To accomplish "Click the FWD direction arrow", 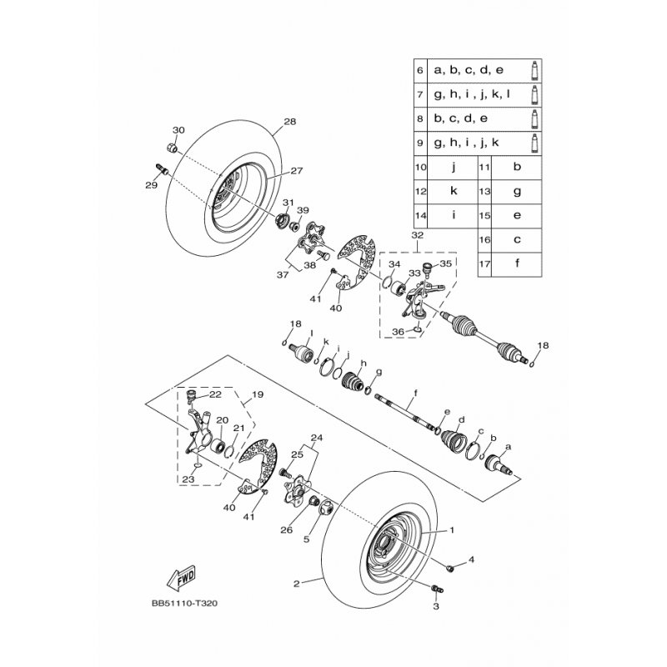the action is click(x=182, y=577).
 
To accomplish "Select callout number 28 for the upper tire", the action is click(x=289, y=122).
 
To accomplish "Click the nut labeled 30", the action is click(x=172, y=148).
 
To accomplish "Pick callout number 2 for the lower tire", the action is click(x=297, y=584).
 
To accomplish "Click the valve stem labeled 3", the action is click(x=437, y=589).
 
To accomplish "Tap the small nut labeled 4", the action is click(x=451, y=567).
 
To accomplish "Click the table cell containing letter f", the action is click(x=516, y=263).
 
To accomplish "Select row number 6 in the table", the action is click(x=420, y=70).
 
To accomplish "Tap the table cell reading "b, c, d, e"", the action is click(x=461, y=118).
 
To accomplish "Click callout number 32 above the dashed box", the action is click(x=418, y=235).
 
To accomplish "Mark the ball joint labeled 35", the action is click(x=427, y=268).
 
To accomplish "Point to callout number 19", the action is click(x=258, y=394).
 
